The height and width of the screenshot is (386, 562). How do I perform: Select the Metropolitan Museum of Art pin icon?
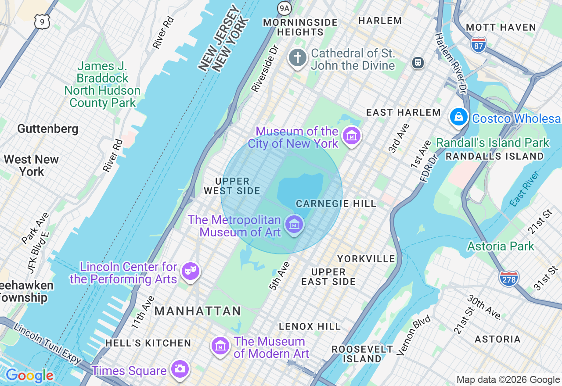[294, 225]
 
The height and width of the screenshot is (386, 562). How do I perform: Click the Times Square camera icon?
[180, 369]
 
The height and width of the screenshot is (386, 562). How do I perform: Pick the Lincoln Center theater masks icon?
[190, 271]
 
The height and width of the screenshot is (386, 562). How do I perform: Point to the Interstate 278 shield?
[508, 278]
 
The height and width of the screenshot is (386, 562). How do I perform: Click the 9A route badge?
[285, 7]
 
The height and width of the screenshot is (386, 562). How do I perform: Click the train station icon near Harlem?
[418, 63]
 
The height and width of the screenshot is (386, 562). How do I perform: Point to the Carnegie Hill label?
[336, 204]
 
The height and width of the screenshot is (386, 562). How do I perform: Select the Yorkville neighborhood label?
[366, 259]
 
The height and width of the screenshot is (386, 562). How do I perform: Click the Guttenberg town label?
[48, 129]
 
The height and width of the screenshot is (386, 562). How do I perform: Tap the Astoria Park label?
[501, 246]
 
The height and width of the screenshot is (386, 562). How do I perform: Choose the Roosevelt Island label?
[362, 354]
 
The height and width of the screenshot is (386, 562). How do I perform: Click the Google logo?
[29, 376]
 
